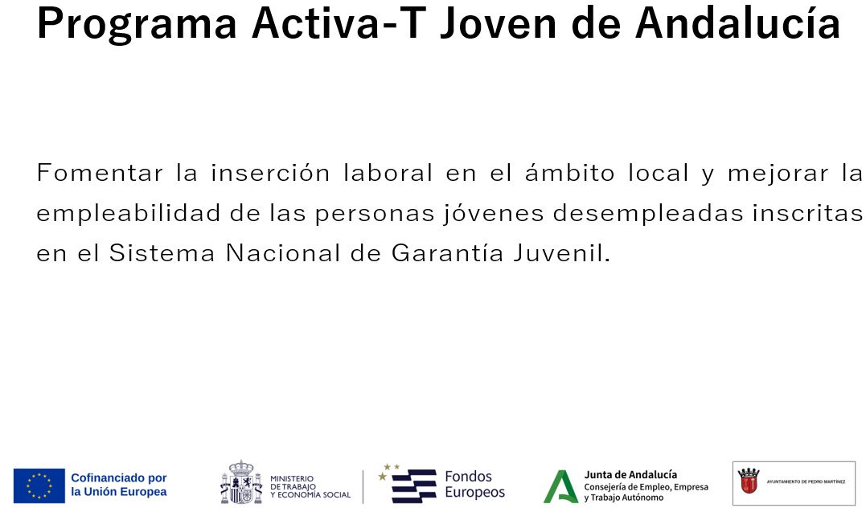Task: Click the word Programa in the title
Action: [x=137, y=23]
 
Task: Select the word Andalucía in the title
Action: [x=737, y=23]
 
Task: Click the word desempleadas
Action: [x=646, y=214]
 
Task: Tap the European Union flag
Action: [x=39, y=485]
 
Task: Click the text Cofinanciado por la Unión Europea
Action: [x=119, y=485]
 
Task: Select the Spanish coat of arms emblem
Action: [x=241, y=482]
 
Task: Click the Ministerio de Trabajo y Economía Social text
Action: [x=310, y=486]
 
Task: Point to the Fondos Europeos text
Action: [x=474, y=485]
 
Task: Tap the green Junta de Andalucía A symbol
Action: [x=560, y=486]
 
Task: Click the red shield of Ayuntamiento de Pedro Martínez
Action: [x=749, y=481]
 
